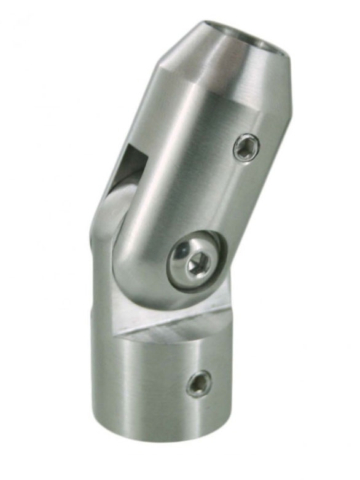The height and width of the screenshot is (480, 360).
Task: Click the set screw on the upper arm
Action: click(246, 148)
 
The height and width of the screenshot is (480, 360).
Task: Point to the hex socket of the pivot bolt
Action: click(197, 265)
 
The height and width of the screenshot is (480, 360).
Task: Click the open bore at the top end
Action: click(245, 37)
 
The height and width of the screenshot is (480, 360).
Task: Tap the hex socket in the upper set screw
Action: click(247, 148)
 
